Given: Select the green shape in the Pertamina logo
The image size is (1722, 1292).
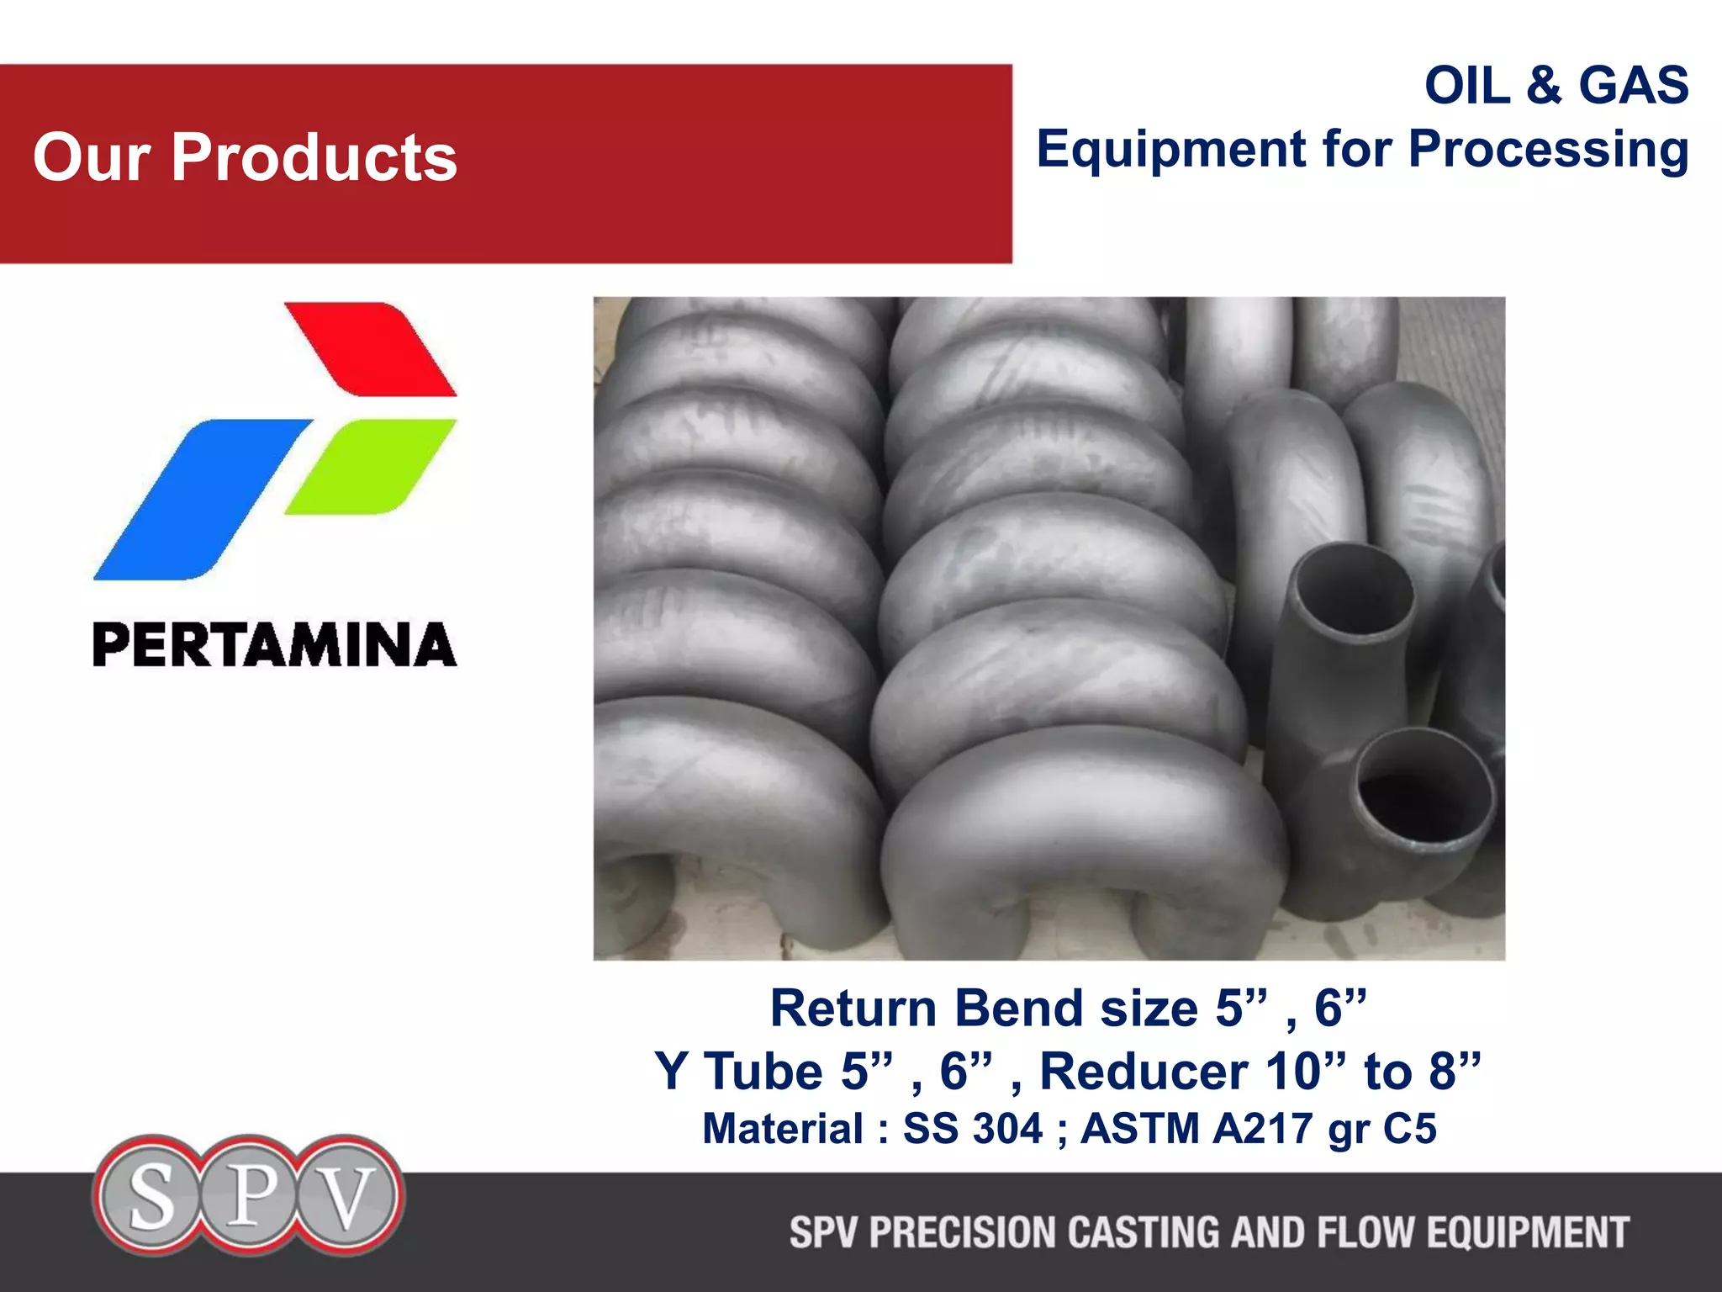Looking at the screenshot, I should point(372,465).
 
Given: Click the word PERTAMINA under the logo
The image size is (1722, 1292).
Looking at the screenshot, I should point(274,645).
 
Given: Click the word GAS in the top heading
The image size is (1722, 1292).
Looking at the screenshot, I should point(1633,86).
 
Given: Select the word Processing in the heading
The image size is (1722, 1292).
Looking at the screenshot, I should point(1548,150).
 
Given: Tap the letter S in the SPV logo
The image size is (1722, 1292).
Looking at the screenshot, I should point(151,1196).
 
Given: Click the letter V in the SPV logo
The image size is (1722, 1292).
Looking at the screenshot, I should point(346,1196).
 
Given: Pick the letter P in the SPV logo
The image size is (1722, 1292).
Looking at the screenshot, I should point(250,1194).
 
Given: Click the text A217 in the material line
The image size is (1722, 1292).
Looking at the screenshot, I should point(1262,1129).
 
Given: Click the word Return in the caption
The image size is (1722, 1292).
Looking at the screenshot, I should point(853,1009).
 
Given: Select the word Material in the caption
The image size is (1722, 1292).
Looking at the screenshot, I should point(783,1129).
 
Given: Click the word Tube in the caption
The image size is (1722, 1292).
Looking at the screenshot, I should point(763,1072).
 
